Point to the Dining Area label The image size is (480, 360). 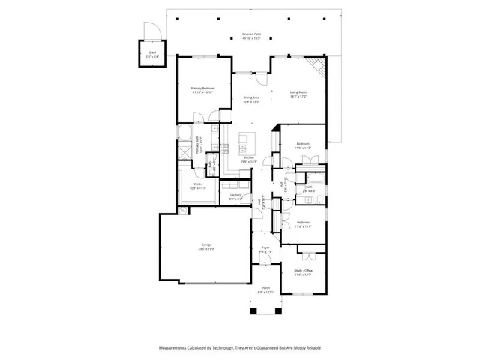(250, 97)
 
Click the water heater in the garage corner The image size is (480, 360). (183, 211)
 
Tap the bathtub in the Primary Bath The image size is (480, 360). (184, 133)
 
